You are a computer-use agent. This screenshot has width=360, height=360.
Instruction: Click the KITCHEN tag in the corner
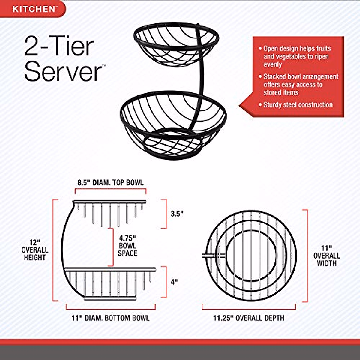34,9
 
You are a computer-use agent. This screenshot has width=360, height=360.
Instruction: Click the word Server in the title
63,71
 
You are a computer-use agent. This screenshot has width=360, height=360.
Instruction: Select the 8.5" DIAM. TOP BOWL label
110,182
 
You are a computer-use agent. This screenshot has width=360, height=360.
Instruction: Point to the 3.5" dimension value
177,214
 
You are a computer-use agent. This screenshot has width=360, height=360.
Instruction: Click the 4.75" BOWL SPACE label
127,246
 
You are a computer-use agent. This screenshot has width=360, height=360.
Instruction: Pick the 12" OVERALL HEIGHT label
35,250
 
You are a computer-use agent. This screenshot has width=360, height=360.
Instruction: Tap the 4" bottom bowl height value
174,282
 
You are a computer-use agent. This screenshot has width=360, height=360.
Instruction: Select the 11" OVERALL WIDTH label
326,256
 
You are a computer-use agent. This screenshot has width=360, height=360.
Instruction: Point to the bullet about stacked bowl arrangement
300,85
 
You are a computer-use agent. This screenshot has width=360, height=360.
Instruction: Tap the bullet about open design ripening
296,56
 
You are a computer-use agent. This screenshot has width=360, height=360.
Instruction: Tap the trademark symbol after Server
104,65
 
